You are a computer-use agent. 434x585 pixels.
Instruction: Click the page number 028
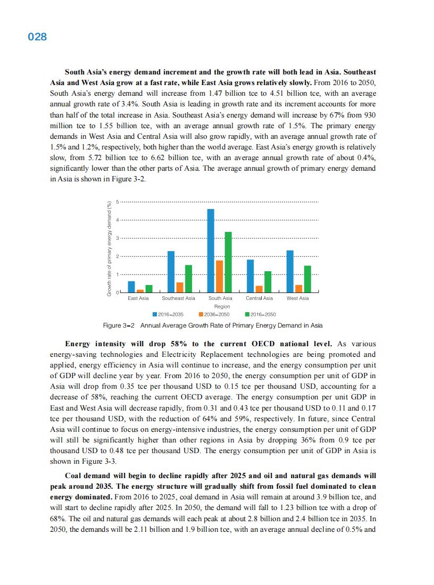point(37,37)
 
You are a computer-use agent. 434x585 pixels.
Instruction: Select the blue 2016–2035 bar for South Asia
point(211,250)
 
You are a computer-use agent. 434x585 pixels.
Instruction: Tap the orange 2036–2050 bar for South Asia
point(219,277)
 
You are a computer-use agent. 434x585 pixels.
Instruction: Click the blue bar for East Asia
point(131,287)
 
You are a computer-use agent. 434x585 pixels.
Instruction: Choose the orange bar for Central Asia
point(259,289)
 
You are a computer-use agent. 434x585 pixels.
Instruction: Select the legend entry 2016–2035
point(168,314)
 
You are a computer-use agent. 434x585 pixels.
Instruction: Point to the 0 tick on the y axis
point(118,292)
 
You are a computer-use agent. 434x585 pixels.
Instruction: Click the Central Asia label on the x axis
point(259,298)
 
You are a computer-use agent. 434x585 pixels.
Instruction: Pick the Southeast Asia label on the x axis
point(178,298)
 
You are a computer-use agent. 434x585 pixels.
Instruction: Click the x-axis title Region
point(222,306)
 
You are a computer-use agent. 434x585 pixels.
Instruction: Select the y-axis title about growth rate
point(109,248)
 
